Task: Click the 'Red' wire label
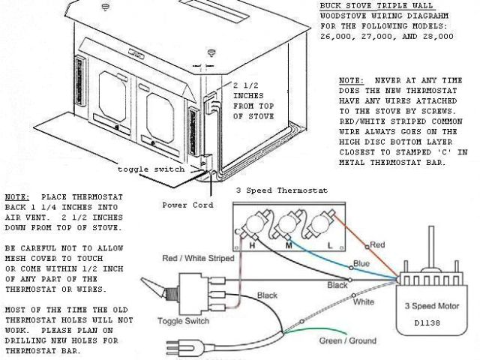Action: [377, 245]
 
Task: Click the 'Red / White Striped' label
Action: [199, 259]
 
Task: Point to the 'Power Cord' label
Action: [187, 204]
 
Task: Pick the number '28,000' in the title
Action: [437, 35]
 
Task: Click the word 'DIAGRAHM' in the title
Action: [417, 14]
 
